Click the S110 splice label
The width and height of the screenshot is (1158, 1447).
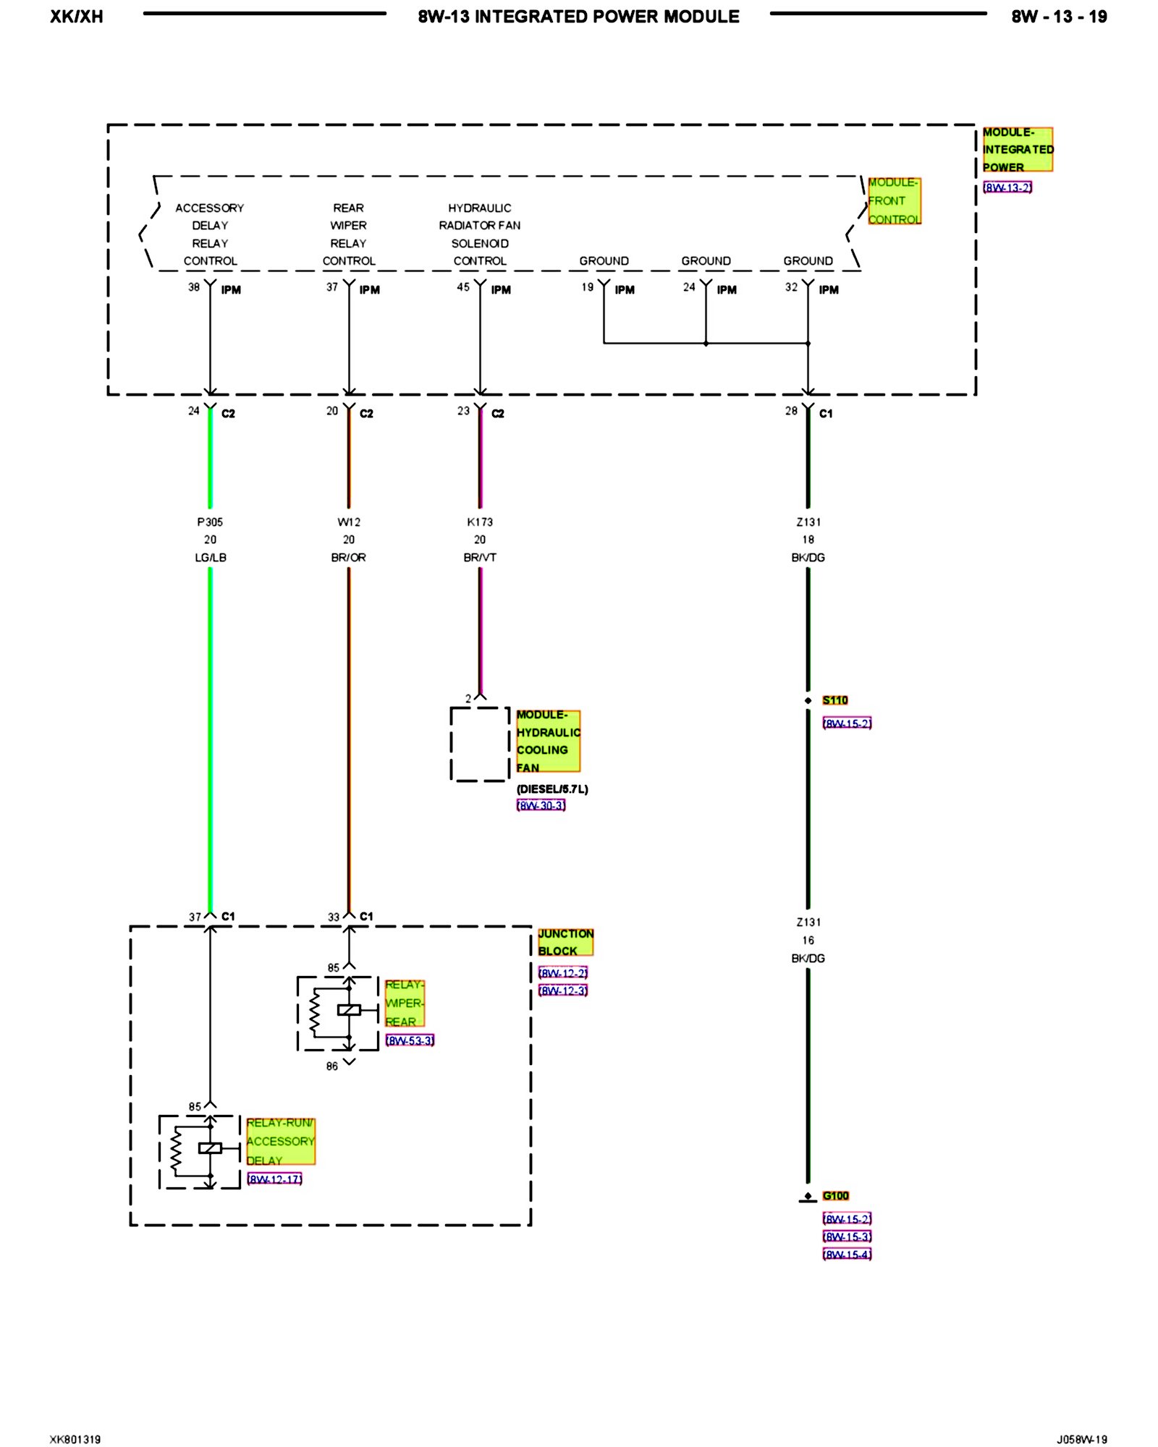click(x=834, y=700)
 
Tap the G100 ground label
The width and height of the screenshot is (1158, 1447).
click(x=835, y=1196)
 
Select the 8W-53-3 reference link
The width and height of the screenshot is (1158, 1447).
click(x=410, y=1040)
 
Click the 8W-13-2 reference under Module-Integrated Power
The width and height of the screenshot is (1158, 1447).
click(x=1007, y=187)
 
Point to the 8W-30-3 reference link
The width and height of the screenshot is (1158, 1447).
click(x=541, y=805)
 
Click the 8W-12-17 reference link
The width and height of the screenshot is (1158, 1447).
click(x=274, y=1179)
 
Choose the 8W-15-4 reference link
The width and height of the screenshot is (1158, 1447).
click(x=847, y=1255)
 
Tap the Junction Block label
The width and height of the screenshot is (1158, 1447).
click(x=565, y=942)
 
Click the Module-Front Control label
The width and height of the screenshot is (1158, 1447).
click(x=894, y=201)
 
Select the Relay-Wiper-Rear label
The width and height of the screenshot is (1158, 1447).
click(x=404, y=1003)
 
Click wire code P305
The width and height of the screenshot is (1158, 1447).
click(x=210, y=522)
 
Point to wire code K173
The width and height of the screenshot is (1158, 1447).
click(x=480, y=522)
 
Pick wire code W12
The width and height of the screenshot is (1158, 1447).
click(x=349, y=522)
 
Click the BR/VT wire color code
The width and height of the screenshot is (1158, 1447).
click(x=480, y=558)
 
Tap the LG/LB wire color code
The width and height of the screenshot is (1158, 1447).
click(x=210, y=558)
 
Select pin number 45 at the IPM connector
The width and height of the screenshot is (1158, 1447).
click(x=463, y=287)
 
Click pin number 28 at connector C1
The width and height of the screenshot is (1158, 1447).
click(x=791, y=411)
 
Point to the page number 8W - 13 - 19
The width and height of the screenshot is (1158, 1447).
click(x=1059, y=17)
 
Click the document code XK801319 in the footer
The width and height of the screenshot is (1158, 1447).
click(x=75, y=1439)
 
